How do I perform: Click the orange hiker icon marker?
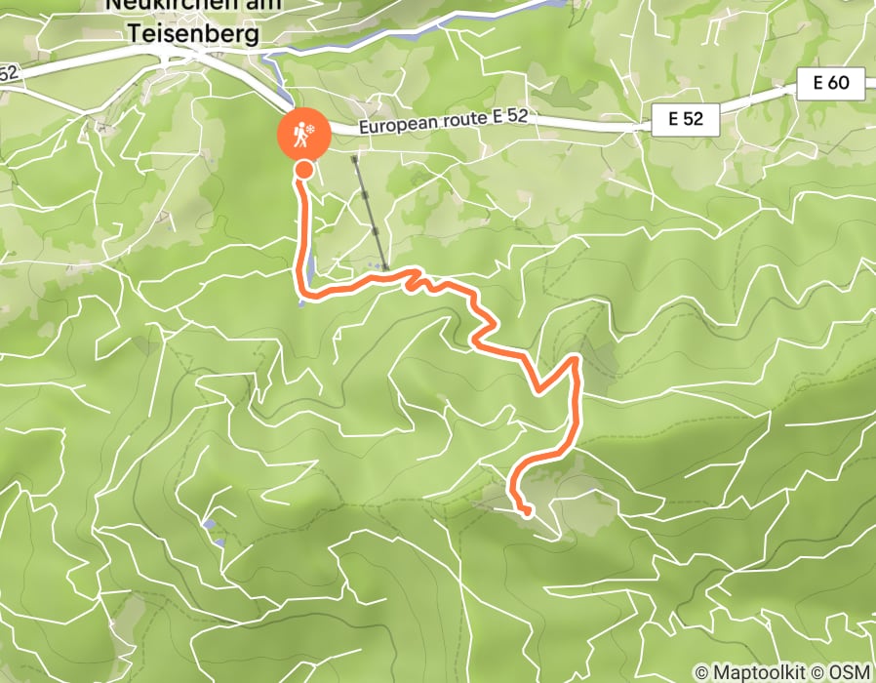click(304, 136)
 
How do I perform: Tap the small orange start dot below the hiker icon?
click(303, 170)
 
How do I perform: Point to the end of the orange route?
click(528, 512)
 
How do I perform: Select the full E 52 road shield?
click(686, 121)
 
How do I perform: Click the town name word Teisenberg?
click(193, 34)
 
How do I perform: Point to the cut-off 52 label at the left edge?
click(9, 73)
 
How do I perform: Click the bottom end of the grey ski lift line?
click(386, 267)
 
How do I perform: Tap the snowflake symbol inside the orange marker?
click(309, 131)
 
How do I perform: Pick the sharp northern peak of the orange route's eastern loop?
click(577, 359)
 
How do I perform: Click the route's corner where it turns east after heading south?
click(302, 290)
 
